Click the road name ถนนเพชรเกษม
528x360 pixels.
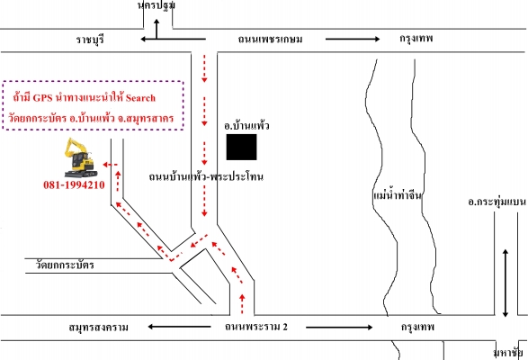coord(270,40)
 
